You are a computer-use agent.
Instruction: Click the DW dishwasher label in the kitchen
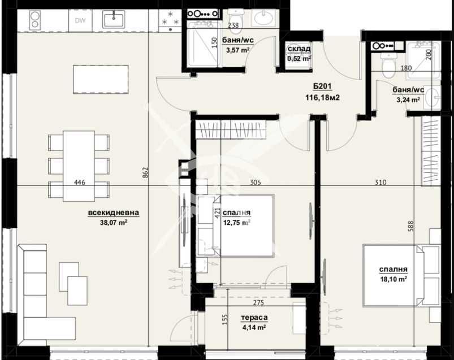click(79, 21)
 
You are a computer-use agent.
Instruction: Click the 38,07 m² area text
click(114, 222)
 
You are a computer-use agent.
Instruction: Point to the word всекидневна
click(113, 212)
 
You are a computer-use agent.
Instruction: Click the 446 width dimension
click(79, 182)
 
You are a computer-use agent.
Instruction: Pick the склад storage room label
click(299, 49)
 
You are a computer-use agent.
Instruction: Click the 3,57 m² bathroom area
click(237, 50)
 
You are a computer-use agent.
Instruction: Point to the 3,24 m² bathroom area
click(407, 99)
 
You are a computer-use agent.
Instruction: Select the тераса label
click(253, 318)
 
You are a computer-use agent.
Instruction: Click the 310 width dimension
click(379, 182)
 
